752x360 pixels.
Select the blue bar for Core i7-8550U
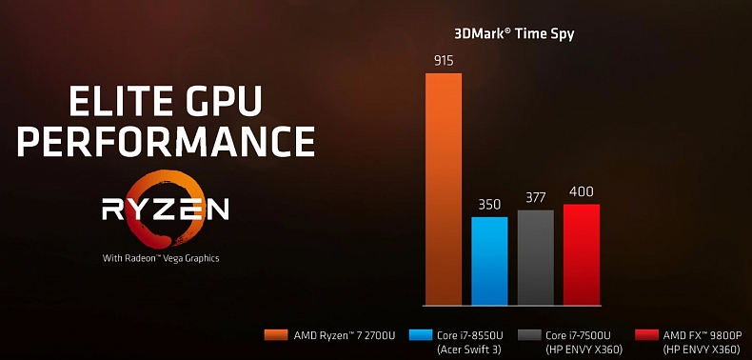489,259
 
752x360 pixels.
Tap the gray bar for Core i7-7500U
535,256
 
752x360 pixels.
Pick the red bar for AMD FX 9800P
582,253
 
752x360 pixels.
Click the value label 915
443,62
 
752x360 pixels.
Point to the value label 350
489,205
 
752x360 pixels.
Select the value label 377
535,198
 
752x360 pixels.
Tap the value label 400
582,192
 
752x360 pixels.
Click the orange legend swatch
275,335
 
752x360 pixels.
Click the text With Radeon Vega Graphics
161,257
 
